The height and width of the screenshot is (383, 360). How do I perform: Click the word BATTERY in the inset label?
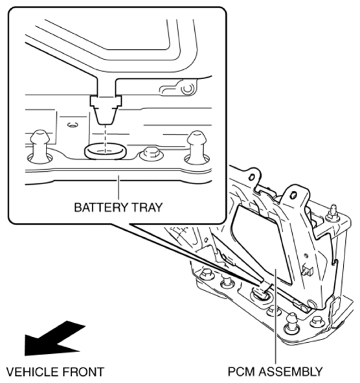pos(101,207)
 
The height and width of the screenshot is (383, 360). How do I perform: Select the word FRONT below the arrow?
pos(84,372)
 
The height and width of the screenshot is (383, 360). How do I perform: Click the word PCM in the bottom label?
pos(242,372)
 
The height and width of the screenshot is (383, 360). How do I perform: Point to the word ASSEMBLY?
pos(291,372)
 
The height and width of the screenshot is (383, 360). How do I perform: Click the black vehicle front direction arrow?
pos(55,340)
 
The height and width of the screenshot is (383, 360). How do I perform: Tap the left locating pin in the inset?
pos(39,146)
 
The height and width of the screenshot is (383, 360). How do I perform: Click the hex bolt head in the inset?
pos(152,154)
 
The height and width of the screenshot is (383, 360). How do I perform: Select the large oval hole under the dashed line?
pos(106,152)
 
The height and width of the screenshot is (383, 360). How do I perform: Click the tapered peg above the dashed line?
pos(106,110)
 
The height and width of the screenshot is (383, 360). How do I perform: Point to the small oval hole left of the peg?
pos(73,125)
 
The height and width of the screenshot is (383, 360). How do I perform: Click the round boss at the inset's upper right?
pos(188,88)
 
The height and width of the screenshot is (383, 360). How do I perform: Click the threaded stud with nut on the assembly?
pos(333,213)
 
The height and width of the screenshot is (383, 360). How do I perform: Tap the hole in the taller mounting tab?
pos(294,195)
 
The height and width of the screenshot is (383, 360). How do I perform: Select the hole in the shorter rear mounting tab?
pos(252,177)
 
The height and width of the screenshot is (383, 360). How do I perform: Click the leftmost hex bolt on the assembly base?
pos(207,274)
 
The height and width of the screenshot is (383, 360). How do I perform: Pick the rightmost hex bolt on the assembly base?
pos(317,321)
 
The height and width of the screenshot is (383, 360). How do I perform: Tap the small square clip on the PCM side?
pos(308,271)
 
